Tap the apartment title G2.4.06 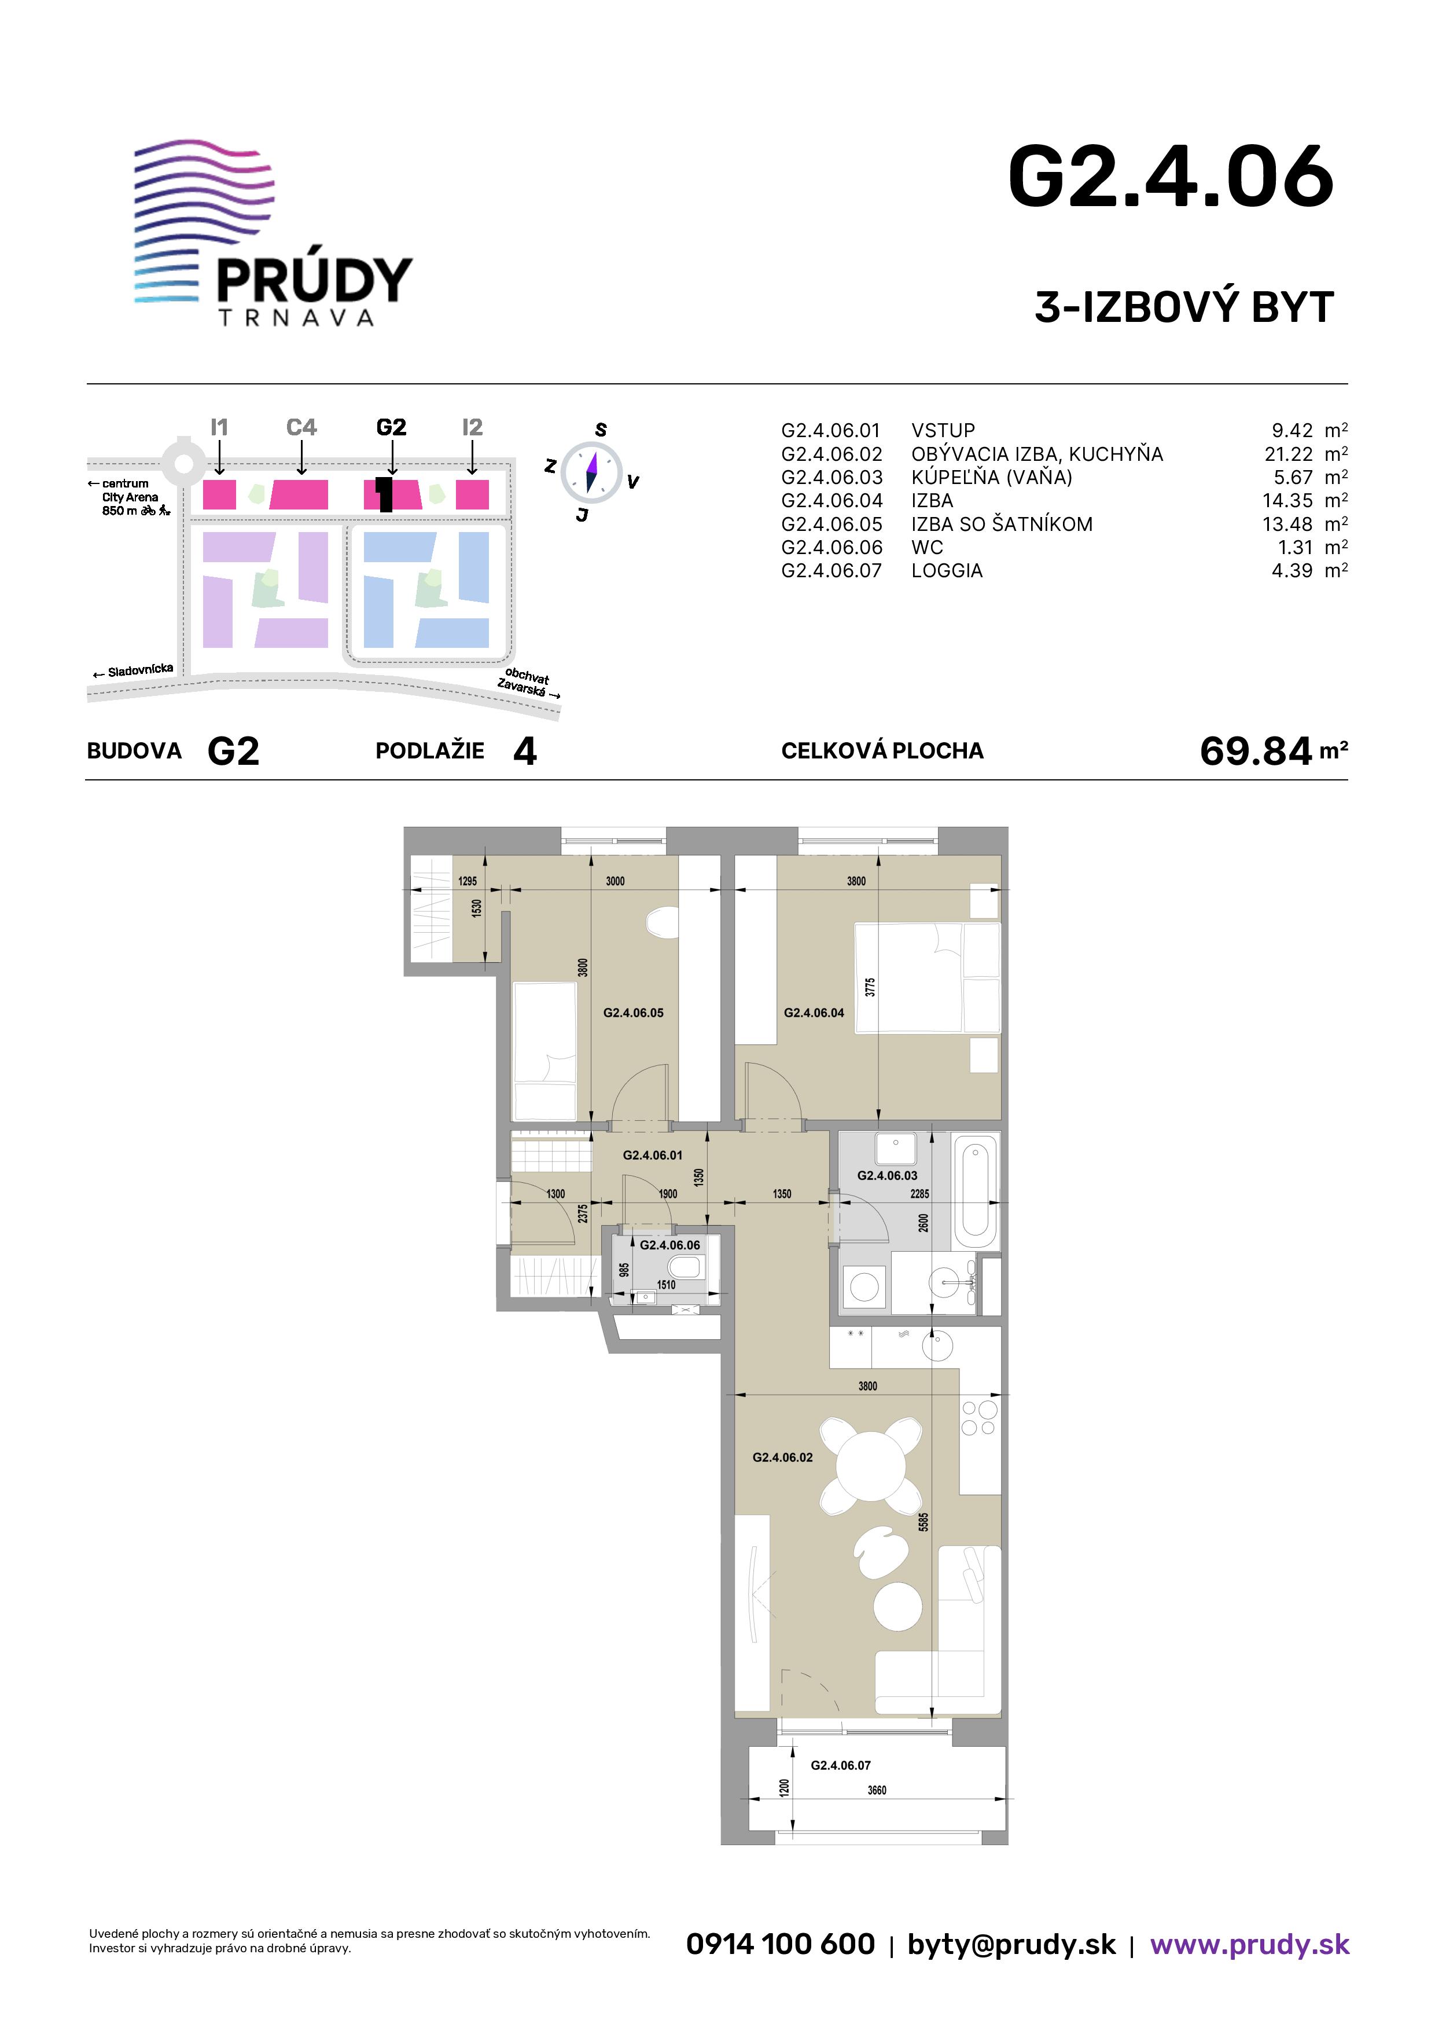(1170, 178)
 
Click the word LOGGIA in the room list (947, 570)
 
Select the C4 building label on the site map (301, 427)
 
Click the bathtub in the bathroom (976, 1191)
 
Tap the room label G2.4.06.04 (814, 1013)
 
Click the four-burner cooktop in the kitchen (979, 1418)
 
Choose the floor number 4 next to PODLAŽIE (525, 751)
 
